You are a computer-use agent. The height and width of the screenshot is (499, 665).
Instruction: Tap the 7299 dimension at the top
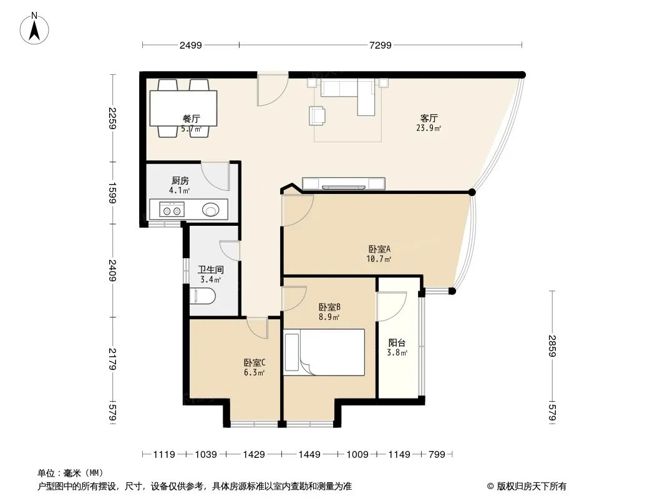click(381, 45)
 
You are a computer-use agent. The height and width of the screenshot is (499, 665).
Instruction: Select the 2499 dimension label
click(190, 45)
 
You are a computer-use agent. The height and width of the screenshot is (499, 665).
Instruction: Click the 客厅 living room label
click(429, 118)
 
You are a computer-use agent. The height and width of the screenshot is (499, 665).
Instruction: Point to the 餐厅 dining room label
click(192, 119)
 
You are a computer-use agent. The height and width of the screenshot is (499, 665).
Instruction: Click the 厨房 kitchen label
click(180, 181)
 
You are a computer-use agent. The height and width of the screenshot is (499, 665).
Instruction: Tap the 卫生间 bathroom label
click(211, 269)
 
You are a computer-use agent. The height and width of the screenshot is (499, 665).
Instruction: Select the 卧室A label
click(379, 249)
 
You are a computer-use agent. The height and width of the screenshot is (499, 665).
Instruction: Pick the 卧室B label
click(329, 307)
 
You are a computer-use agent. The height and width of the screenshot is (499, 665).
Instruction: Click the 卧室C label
click(255, 363)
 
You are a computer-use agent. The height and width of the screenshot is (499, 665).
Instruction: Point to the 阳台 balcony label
click(397, 342)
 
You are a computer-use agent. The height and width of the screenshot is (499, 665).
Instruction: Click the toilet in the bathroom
click(203, 296)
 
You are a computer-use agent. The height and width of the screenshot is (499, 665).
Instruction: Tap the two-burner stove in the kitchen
click(172, 210)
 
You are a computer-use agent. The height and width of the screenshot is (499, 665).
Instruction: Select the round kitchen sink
click(211, 210)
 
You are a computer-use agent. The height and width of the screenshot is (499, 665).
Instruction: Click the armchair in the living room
click(318, 116)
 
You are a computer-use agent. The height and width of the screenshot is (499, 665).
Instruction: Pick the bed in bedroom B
click(324, 352)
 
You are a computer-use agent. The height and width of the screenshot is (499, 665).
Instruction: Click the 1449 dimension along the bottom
click(309, 455)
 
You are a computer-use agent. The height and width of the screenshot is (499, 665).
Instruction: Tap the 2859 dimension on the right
click(551, 346)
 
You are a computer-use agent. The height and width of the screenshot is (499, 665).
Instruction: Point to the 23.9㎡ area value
click(429, 128)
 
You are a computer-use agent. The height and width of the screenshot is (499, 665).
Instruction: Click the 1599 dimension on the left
click(112, 193)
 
